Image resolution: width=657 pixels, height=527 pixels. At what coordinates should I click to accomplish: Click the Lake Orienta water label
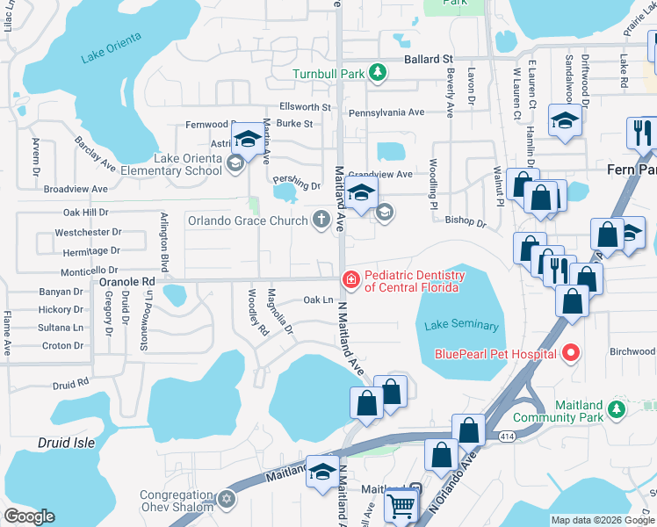pos(111,58)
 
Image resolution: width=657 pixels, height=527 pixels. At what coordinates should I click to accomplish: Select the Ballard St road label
pos(428,59)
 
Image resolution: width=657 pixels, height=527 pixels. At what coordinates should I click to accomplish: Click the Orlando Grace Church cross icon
pos(322,220)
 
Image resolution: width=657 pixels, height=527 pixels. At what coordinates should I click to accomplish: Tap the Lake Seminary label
pos(461,326)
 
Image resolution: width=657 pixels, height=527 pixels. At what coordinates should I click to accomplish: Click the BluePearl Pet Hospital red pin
pos(571,354)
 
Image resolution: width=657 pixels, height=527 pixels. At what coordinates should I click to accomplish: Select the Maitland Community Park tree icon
pos(617,409)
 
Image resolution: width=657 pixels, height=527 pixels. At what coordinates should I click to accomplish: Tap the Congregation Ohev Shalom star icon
pos(227,500)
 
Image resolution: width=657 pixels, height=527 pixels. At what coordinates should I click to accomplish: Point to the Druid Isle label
pos(66,443)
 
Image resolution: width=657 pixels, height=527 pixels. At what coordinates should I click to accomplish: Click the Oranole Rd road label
pos(126,281)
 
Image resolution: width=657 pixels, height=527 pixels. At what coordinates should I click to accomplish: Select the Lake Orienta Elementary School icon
pos(235,162)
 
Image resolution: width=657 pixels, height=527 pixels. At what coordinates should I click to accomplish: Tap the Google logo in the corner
pos(29,516)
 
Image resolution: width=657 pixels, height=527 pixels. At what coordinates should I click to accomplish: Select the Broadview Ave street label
pos(76,189)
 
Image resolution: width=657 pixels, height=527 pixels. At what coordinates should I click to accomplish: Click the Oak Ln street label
pos(318,300)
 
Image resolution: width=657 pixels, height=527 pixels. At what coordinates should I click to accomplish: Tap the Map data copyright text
pos(602,520)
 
